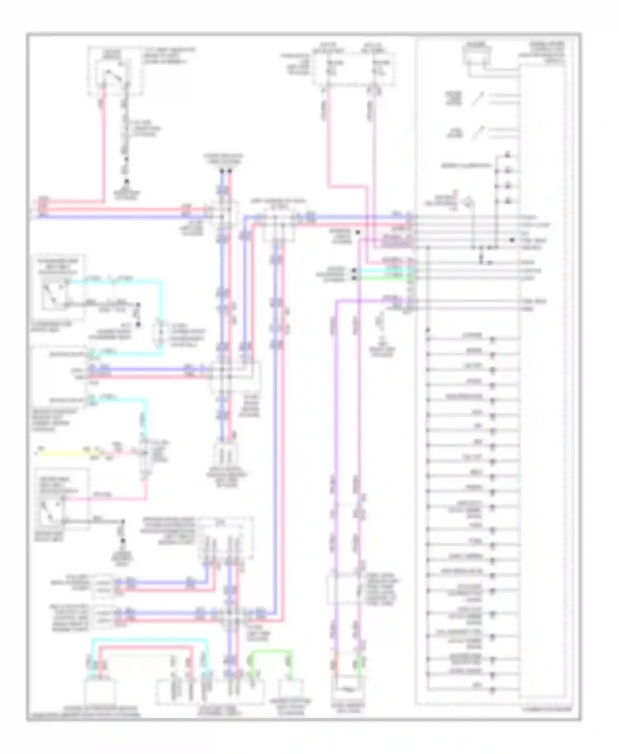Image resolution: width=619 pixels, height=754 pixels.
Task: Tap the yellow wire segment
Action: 66,454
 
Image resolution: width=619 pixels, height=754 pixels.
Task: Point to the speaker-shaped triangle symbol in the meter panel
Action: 469,203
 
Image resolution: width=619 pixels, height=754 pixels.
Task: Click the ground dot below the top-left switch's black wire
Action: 127,181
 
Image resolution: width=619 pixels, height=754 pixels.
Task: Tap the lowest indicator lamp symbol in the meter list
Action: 492,690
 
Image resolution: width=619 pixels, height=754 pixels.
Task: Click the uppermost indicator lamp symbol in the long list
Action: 492,341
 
